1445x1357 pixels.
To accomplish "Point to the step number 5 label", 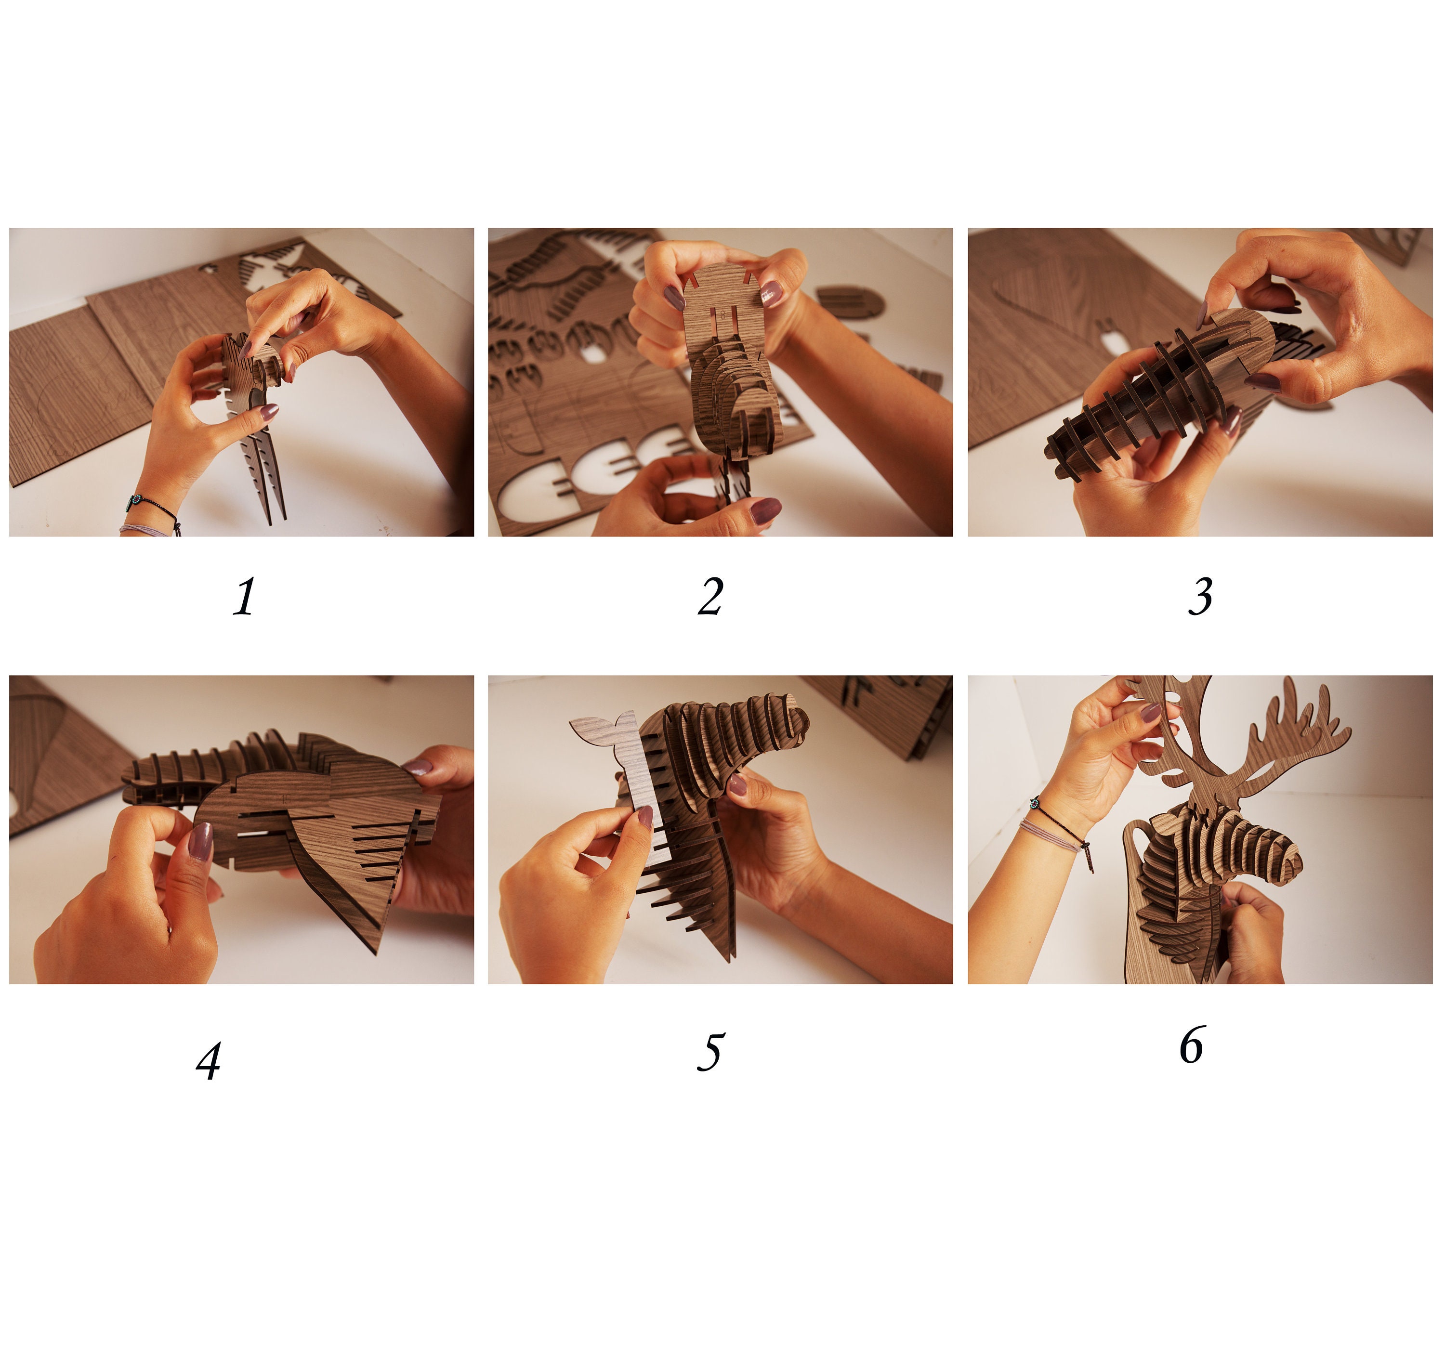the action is tap(711, 1052).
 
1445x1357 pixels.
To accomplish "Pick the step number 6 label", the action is tap(1192, 1044).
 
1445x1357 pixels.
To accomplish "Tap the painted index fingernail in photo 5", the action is tap(645, 816).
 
